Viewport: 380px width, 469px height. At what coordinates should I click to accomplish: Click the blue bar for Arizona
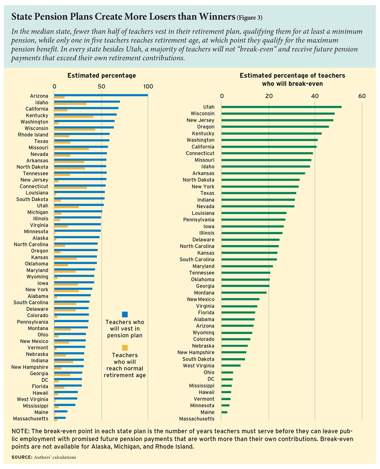coord(101,95)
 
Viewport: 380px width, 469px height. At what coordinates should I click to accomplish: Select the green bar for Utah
coord(281,107)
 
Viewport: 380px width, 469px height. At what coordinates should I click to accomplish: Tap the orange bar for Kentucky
coord(74,117)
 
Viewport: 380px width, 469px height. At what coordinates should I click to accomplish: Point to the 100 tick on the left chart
coord(148,87)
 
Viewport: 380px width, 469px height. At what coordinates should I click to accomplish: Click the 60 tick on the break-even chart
coord(362,96)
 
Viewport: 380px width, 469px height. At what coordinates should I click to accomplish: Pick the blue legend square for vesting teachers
coord(125,315)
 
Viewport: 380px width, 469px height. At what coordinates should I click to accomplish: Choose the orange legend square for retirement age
coord(125,348)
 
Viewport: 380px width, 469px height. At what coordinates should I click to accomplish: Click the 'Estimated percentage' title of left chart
coord(102,75)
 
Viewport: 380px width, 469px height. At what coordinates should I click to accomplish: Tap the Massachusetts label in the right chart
coord(197,419)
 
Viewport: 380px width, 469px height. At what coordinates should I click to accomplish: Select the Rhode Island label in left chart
coord(33,135)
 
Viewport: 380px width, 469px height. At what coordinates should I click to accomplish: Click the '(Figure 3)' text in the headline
coord(250,18)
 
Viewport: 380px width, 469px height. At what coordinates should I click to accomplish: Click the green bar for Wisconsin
coord(278,114)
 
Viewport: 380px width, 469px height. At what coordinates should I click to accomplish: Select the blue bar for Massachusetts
coord(60,418)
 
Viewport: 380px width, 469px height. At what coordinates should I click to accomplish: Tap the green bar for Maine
coord(224,412)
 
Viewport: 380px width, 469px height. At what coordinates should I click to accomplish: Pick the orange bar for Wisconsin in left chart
coord(75,129)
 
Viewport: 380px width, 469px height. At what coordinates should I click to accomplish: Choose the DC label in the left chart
coord(45,380)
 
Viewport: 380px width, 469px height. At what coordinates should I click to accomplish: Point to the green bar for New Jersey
coord(277,120)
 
